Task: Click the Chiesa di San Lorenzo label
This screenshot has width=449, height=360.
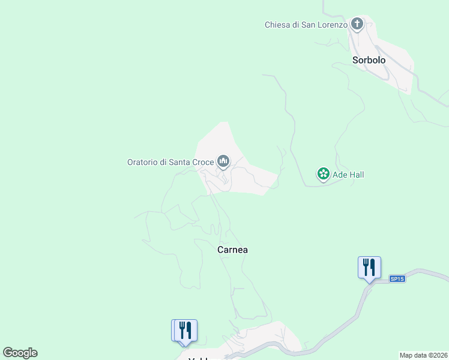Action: (306, 25)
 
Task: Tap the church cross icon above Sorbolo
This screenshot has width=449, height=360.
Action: (357, 24)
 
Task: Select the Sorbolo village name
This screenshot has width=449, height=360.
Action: (369, 60)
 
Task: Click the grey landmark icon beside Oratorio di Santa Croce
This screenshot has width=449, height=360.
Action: (223, 161)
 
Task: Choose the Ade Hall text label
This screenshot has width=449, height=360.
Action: (348, 175)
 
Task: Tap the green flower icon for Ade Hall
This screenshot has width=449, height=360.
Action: (324, 174)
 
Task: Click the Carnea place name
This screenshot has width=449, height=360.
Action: (232, 250)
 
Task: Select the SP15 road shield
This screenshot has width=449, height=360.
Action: (397, 279)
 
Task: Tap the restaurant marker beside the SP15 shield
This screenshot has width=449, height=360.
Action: (369, 267)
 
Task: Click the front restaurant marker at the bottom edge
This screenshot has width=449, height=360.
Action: (186, 330)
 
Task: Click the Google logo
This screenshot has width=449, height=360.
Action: (20, 353)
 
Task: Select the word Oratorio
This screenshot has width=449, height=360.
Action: (143, 161)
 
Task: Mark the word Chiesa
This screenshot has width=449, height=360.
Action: (277, 25)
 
